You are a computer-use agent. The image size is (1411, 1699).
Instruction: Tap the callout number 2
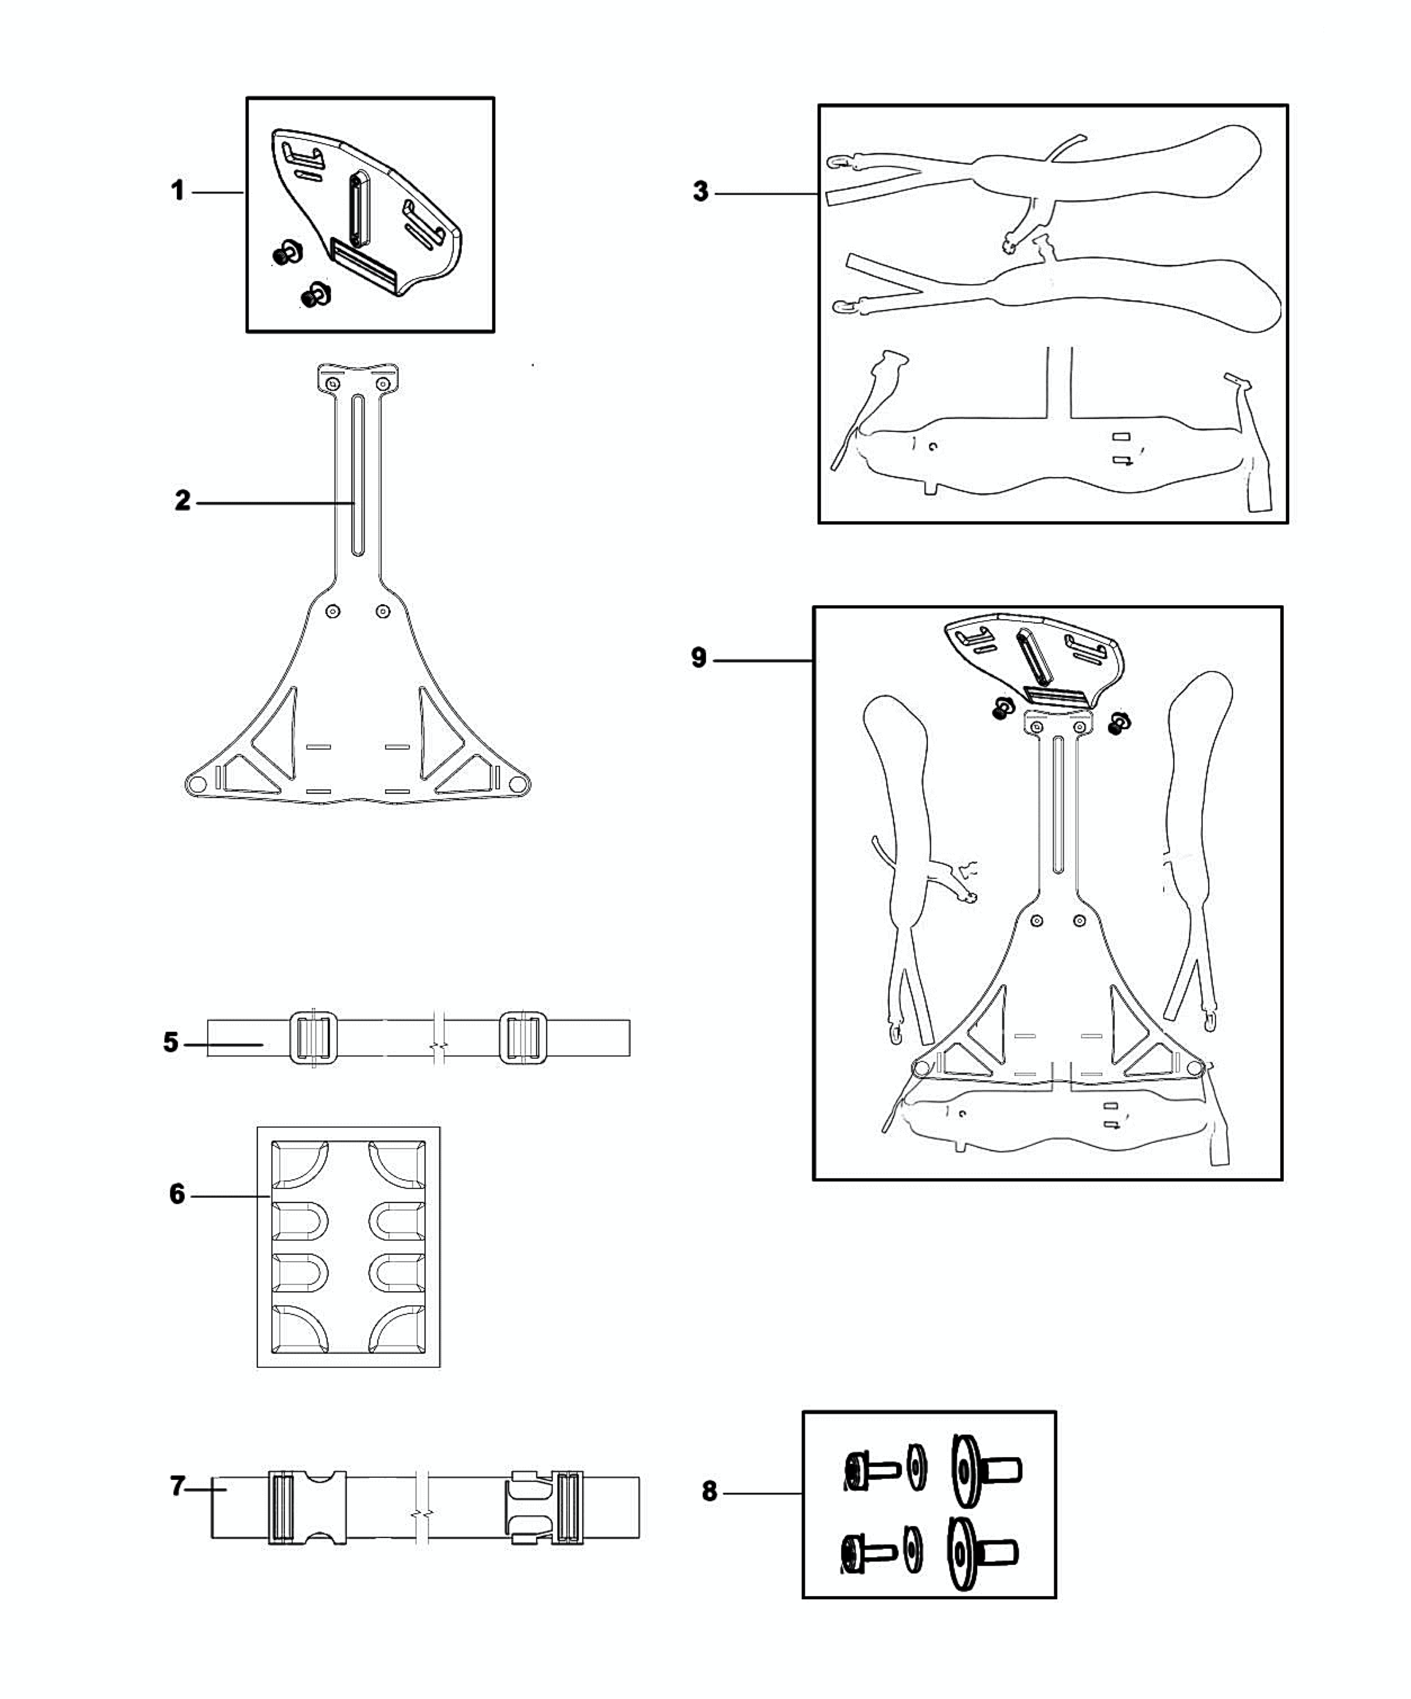click(183, 501)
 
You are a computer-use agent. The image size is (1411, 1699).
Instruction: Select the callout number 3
click(701, 192)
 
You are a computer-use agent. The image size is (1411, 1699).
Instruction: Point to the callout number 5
click(170, 1042)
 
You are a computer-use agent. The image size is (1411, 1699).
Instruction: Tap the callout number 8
click(709, 1491)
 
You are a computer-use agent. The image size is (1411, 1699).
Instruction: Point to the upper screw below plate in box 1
click(285, 254)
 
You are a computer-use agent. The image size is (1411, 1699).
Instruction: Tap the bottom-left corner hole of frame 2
click(196, 784)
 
